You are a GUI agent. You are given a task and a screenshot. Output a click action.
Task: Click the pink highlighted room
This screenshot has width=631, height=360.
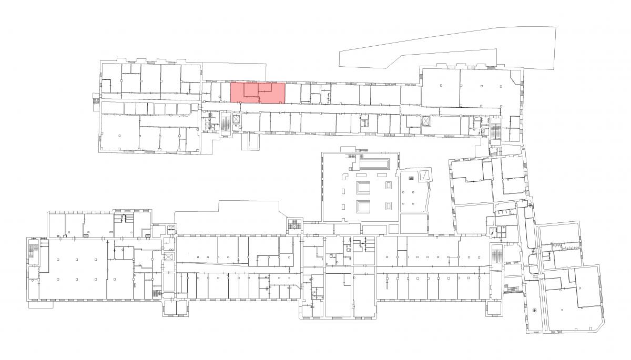[258, 92]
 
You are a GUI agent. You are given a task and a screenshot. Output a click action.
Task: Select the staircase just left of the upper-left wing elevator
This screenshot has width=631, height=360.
[226, 124]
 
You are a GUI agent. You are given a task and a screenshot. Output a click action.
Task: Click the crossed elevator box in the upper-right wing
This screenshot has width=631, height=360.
[425, 120]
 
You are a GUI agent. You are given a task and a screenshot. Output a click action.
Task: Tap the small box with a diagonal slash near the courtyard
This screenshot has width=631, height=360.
[423, 175]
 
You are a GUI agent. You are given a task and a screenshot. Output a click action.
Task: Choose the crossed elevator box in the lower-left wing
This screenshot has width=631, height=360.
[169, 257]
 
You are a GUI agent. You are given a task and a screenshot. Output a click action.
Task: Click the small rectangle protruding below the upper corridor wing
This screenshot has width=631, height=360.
[253, 140]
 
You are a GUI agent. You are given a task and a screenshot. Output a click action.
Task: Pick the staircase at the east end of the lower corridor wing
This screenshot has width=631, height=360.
[497, 256]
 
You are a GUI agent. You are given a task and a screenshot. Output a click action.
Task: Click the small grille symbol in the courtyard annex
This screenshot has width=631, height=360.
[411, 178]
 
